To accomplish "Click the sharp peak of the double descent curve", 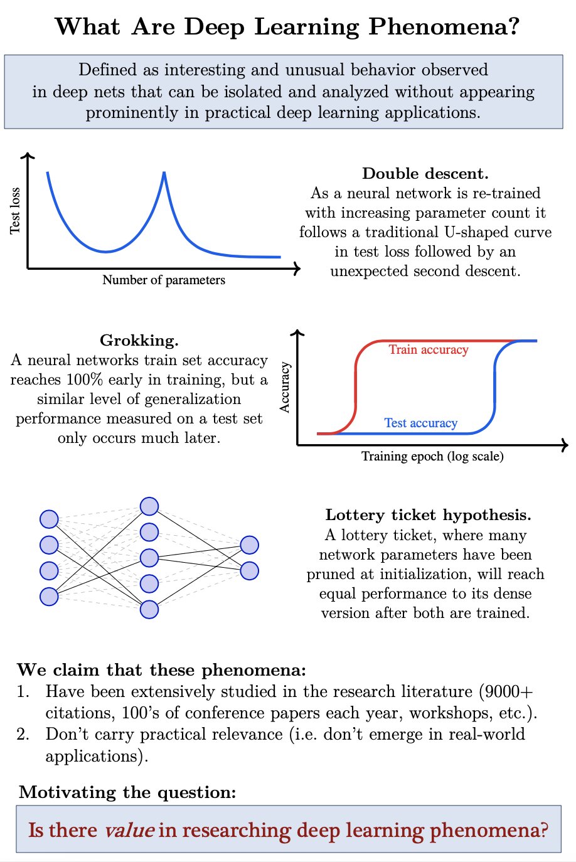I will [x=164, y=173].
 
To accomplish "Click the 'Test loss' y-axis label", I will [x=15, y=211].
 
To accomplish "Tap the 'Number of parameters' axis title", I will [x=164, y=280].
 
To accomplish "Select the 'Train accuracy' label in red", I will [x=429, y=349].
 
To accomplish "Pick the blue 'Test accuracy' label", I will [x=420, y=423].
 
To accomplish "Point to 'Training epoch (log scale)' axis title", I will [x=432, y=456].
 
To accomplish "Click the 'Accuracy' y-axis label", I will [x=285, y=387].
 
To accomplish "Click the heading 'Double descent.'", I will [x=425, y=174].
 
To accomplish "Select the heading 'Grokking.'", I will [x=139, y=341].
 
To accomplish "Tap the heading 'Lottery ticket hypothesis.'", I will [x=428, y=515].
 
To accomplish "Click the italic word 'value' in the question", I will [x=129, y=830].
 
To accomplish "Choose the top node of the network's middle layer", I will [x=149, y=506].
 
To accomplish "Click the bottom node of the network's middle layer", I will [x=149, y=609].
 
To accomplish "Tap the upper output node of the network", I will [x=249, y=545].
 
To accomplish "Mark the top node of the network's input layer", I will [x=49, y=519].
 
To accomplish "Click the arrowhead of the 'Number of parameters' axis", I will [x=297, y=269].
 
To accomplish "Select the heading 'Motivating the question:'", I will [x=127, y=792].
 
